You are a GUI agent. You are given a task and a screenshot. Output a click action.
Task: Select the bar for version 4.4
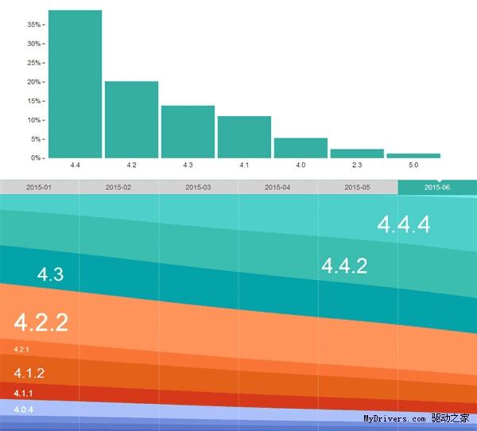[x=75, y=83]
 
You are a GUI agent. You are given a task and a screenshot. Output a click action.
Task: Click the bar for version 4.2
[x=131, y=119]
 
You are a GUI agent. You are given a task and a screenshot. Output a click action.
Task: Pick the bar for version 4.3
[x=188, y=131]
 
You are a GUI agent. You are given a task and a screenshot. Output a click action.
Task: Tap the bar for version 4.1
[x=244, y=137]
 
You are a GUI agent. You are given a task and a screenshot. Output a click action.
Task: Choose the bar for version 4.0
[x=301, y=148]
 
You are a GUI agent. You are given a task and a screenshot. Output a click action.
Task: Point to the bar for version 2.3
[x=357, y=153]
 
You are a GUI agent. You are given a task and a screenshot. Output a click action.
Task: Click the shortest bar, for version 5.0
[x=413, y=156]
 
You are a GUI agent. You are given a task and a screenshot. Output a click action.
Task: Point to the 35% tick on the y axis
[x=33, y=25]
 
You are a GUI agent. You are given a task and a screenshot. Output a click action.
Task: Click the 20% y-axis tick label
[x=33, y=82]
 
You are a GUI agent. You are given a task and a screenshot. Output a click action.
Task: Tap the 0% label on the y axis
[x=35, y=158]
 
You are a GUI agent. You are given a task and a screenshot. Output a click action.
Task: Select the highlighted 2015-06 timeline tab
[x=437, y=187]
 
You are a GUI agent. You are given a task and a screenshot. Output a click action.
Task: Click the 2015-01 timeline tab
[x=39, y=187]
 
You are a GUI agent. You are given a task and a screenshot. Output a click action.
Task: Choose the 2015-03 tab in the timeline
[x=198, y=187]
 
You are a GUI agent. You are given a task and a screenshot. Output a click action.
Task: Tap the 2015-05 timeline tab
[x=357, y=187]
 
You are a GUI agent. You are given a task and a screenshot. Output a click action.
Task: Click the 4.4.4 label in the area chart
[x=404, y=225]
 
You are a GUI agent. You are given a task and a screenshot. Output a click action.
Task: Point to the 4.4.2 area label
[x=344, y=266]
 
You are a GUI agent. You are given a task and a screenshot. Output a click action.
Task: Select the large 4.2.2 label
[x=41, y=323]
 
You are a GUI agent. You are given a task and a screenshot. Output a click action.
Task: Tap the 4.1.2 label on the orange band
[x=29, y=373]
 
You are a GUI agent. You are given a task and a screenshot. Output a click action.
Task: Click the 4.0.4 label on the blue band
[x=24, y=409]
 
